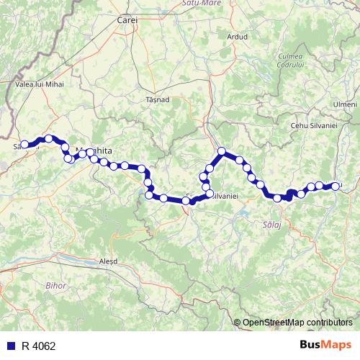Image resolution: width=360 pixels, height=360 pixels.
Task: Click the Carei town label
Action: pos(127,21)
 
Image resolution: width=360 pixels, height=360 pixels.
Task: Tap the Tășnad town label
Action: pos(156,99)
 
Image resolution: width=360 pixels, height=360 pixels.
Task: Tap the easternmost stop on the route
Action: pos(336,186)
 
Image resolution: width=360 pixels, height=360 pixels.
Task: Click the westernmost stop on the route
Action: pos(24,144)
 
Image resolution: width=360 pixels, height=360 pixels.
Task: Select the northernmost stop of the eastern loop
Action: pos(222,151)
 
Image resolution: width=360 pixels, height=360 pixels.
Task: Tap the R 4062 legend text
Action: pos(38,346)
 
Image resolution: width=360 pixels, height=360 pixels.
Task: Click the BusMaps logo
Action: pos(326,345)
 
